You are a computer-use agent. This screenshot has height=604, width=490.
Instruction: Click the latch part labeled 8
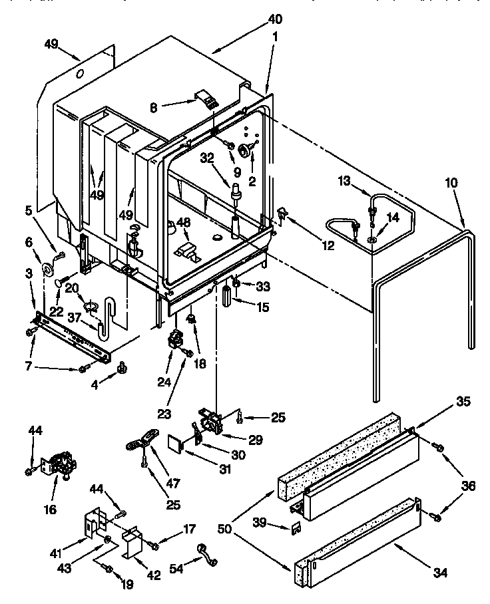pos(208,100)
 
